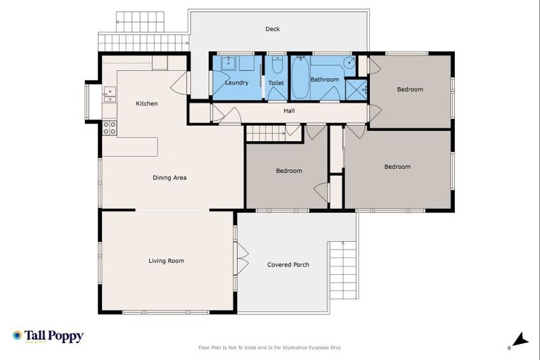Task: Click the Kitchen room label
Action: [147, 104]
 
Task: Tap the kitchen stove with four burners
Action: [110, 128]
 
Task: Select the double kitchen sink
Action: [109, 95]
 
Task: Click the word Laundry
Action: [236, 83]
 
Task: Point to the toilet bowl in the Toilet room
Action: [277, 67]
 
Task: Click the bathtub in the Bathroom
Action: [300, 78]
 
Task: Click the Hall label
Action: [289, 111]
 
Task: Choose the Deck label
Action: [273, 29]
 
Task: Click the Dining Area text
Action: [169, 178]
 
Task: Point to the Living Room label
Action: [166, 261]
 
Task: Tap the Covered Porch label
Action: [288, 265]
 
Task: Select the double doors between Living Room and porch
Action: [241, 259]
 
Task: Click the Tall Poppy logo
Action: [48, 336]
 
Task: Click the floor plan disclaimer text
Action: [270, 347]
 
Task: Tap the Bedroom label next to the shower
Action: [410, 89]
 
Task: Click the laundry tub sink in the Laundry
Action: [228, 64]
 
